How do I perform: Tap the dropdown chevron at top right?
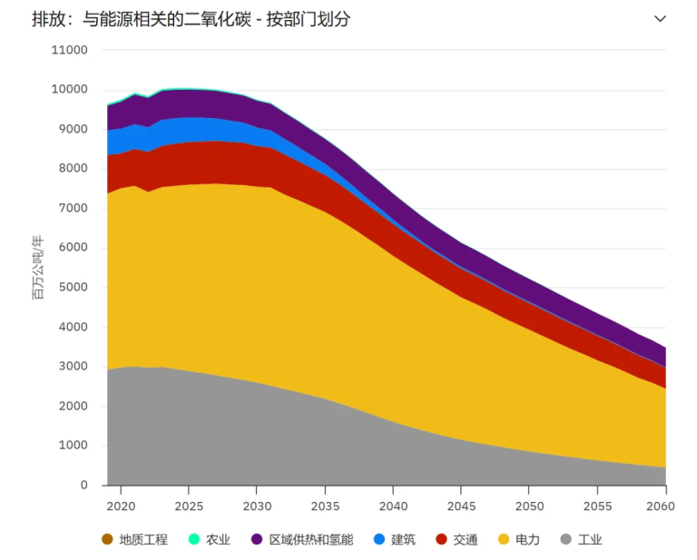(x=660, y=19)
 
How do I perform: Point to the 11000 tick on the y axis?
(x=69, y=50)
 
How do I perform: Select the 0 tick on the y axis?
(x=83, y=486)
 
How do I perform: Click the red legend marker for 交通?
(x=441, y=539)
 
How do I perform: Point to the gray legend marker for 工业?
(x=566, y=539)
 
